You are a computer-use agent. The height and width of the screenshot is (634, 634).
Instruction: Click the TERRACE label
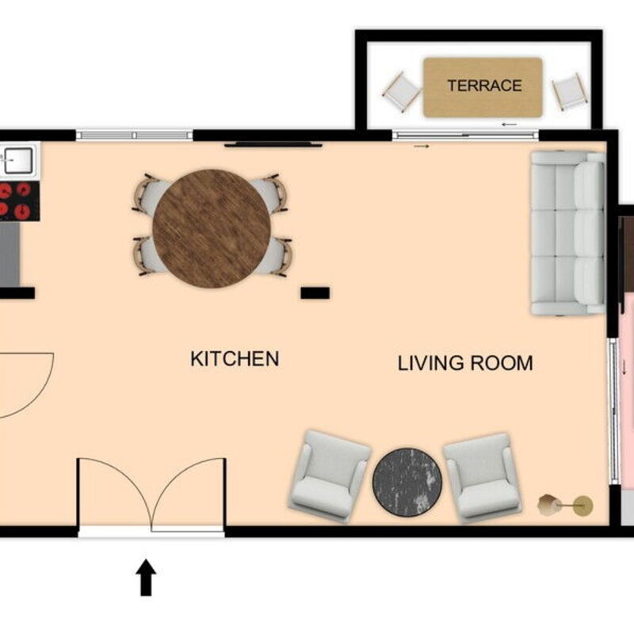(x=483, y=86)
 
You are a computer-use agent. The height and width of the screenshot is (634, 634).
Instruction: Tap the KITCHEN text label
(x=235, y=359)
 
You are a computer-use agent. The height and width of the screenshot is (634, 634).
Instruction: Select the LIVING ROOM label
(x=464, y=364)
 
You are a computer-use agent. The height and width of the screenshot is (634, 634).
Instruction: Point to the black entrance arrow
(x=147, y=578)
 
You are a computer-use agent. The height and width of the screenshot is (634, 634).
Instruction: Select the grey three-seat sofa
(x=567, y=232)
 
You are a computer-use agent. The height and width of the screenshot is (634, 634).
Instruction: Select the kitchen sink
(x=17, y=161)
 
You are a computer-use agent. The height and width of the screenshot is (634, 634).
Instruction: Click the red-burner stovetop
(x=16, y=200)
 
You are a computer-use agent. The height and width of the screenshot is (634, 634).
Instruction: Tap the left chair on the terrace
(x=401, y=92)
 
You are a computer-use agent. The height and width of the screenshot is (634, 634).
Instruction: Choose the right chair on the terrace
(x=569, y=91)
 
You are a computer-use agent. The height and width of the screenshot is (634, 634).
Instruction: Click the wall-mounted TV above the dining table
(x=273, y=144)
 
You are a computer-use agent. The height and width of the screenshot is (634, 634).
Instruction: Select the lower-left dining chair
(x=146, y=255)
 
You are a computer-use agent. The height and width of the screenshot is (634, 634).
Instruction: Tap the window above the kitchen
(x=134, y=135)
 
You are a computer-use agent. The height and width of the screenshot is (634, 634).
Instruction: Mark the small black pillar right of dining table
(x=315, y=293)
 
